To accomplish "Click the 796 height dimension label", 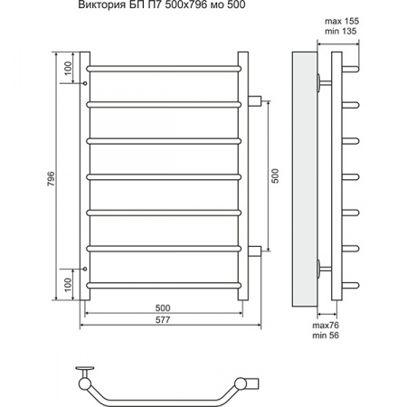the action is point(52,178).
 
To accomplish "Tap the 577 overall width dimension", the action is point(163,319).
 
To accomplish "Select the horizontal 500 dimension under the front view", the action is point(163,308).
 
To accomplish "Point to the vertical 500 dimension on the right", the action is point(275,175).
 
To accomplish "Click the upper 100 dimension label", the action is point(68,68).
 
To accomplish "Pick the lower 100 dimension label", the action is point(68,284).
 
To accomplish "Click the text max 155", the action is point(342,21).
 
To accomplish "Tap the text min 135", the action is point(341,31).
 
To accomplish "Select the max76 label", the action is point(326,326).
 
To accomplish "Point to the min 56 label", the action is point(326,335).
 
